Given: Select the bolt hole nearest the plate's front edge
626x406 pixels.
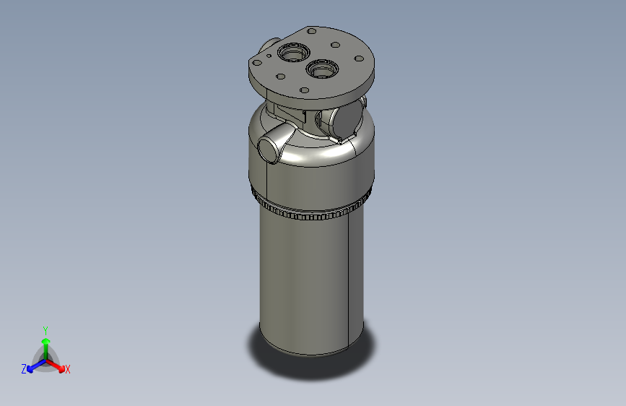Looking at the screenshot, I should tap(305, 90).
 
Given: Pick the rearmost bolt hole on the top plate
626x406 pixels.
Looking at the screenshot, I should tap(311, 32).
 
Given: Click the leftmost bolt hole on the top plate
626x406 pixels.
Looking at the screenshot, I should tap(256, 63).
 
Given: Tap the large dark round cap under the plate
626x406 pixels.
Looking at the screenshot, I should tap(345, 120).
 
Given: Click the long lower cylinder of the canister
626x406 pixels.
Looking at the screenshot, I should tap(310, 282).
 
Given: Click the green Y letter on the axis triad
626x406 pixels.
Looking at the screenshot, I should tap(45, 329).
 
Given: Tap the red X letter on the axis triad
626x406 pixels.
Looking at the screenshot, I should tap(68, 370).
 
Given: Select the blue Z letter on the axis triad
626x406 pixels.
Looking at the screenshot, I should tap(24, 369).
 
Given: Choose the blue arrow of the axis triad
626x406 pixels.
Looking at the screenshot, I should tap(33, 365).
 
